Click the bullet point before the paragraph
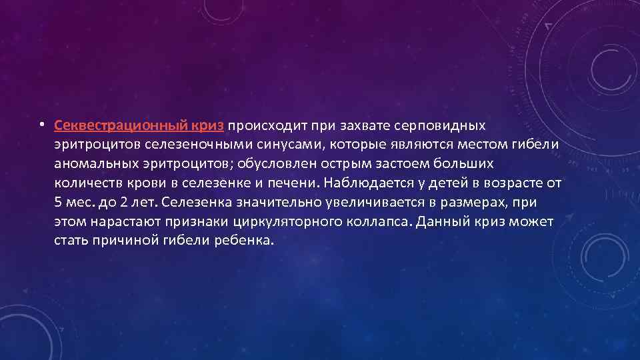pyautogui.click(x=41, y=125)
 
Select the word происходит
pyautogui.click(x=262, y=125)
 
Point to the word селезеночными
pyautogui.click(x=188, y=144)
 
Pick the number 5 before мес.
pyautogui.click(x=58, y=202)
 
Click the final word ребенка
pyautogui.click(x=245, y=241)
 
